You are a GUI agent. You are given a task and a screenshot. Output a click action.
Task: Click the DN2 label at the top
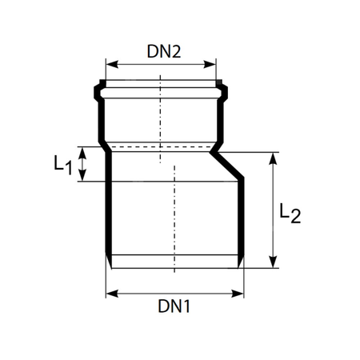point(163,51)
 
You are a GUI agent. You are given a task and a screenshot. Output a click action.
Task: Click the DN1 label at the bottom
point(174,306)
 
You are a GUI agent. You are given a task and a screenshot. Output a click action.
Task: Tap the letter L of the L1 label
point(59,163)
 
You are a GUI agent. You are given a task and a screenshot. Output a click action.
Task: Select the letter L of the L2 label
point(285,210)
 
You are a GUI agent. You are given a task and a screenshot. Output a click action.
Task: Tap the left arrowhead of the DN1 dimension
point(110,293)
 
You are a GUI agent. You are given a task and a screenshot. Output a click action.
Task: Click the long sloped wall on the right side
point(230,167)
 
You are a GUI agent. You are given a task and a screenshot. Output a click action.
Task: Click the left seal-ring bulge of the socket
point(98,88)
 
